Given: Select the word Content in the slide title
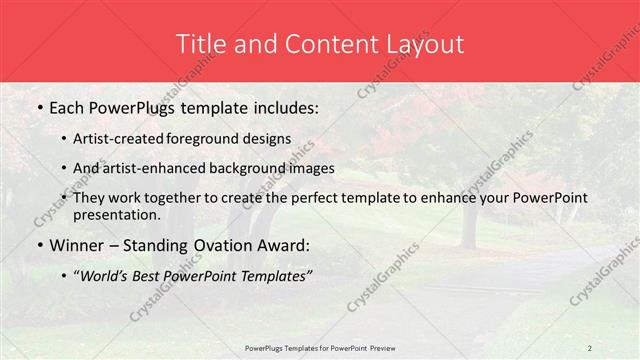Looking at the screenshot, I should [324, 43].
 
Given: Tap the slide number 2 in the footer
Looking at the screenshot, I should [590, 347].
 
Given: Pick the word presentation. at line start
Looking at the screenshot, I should [116, 214].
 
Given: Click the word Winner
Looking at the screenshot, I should [75, 246].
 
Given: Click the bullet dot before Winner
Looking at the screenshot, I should [38, 246].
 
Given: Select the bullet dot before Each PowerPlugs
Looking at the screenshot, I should [38, 105].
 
